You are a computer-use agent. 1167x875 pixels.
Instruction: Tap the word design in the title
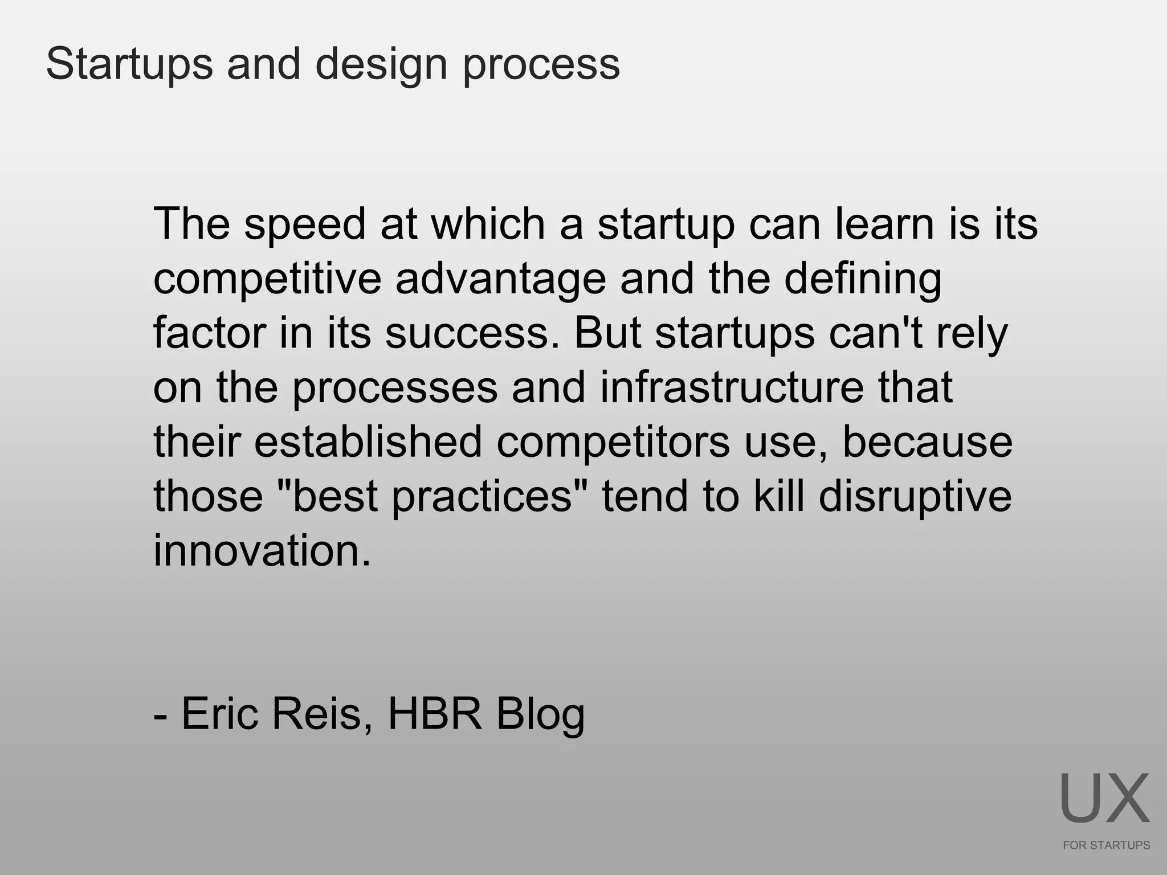(x=381, y=64)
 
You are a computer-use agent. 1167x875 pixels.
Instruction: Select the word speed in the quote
(x=305, y=224)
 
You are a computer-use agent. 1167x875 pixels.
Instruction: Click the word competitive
(x=267, y=279)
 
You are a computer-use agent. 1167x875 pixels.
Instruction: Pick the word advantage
(x=500, y=279)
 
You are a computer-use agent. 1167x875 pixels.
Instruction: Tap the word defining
(x=863, y=279)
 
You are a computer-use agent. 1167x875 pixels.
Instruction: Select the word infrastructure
(x=732, y=388)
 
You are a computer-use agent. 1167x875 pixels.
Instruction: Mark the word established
(x=368, y=443)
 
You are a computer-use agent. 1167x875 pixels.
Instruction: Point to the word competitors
(x=613, y=443)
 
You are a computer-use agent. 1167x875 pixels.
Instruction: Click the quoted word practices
(x=482, y=497)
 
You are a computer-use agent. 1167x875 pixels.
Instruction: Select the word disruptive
(x=915, y=497)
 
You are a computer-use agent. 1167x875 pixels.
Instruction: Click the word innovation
(x=262, y=551)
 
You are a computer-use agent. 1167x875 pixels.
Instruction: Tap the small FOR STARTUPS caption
(x=1106, y=845)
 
